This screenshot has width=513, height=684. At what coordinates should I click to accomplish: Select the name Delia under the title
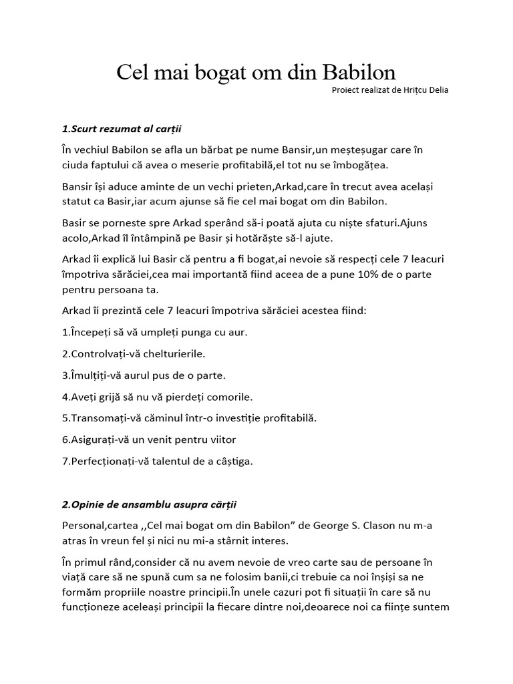[438, 90]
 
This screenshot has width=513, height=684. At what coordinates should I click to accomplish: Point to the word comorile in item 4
[231, 397]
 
